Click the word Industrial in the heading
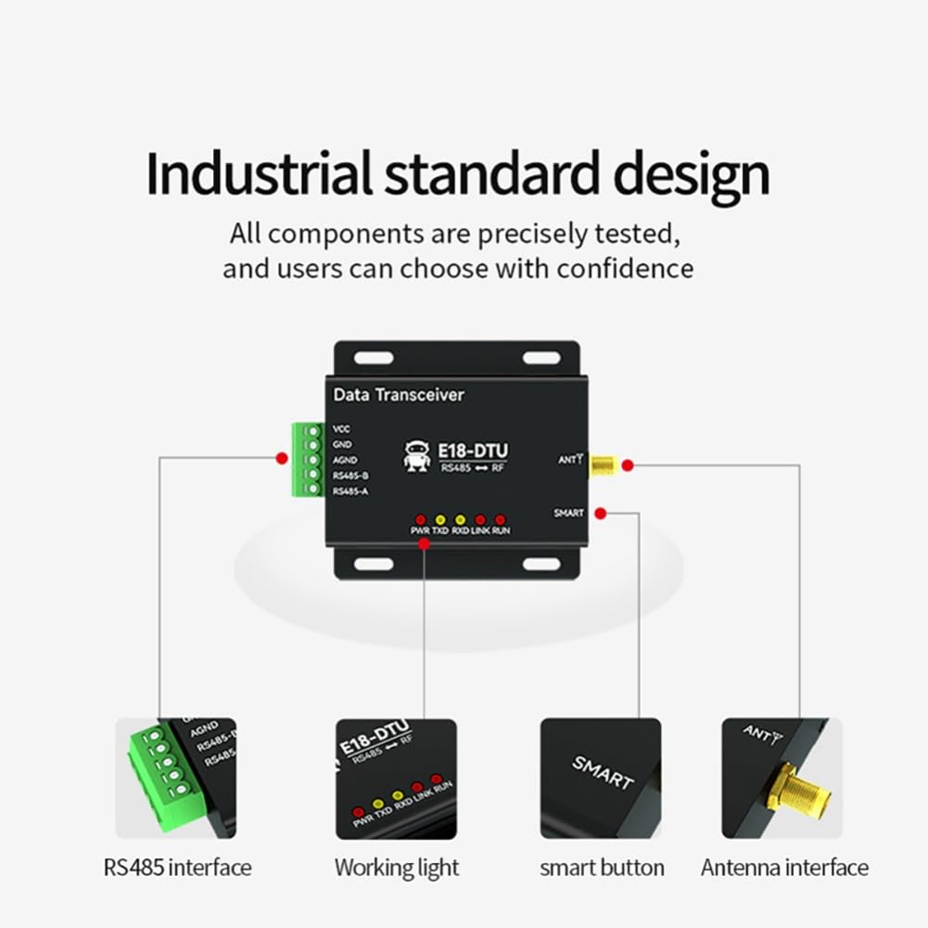pos(259,173)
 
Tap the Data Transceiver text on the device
pos(399,395)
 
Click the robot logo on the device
pos(417,455)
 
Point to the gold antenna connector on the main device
pos(604,464)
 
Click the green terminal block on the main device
pos(307,459)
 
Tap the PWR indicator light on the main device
pos(420,520)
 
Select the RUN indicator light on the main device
pos(501,520)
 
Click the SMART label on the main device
pos(568,513)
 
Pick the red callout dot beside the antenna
pos(628,464)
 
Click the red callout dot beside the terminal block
pos(281,457)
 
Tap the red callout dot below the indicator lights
pos(424,544)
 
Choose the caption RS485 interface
pos(177,869)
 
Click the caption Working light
pos(397,869)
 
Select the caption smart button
pos(602,869)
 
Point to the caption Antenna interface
pos(784,869)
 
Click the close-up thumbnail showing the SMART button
pos(601,778)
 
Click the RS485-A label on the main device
pos(350,491)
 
